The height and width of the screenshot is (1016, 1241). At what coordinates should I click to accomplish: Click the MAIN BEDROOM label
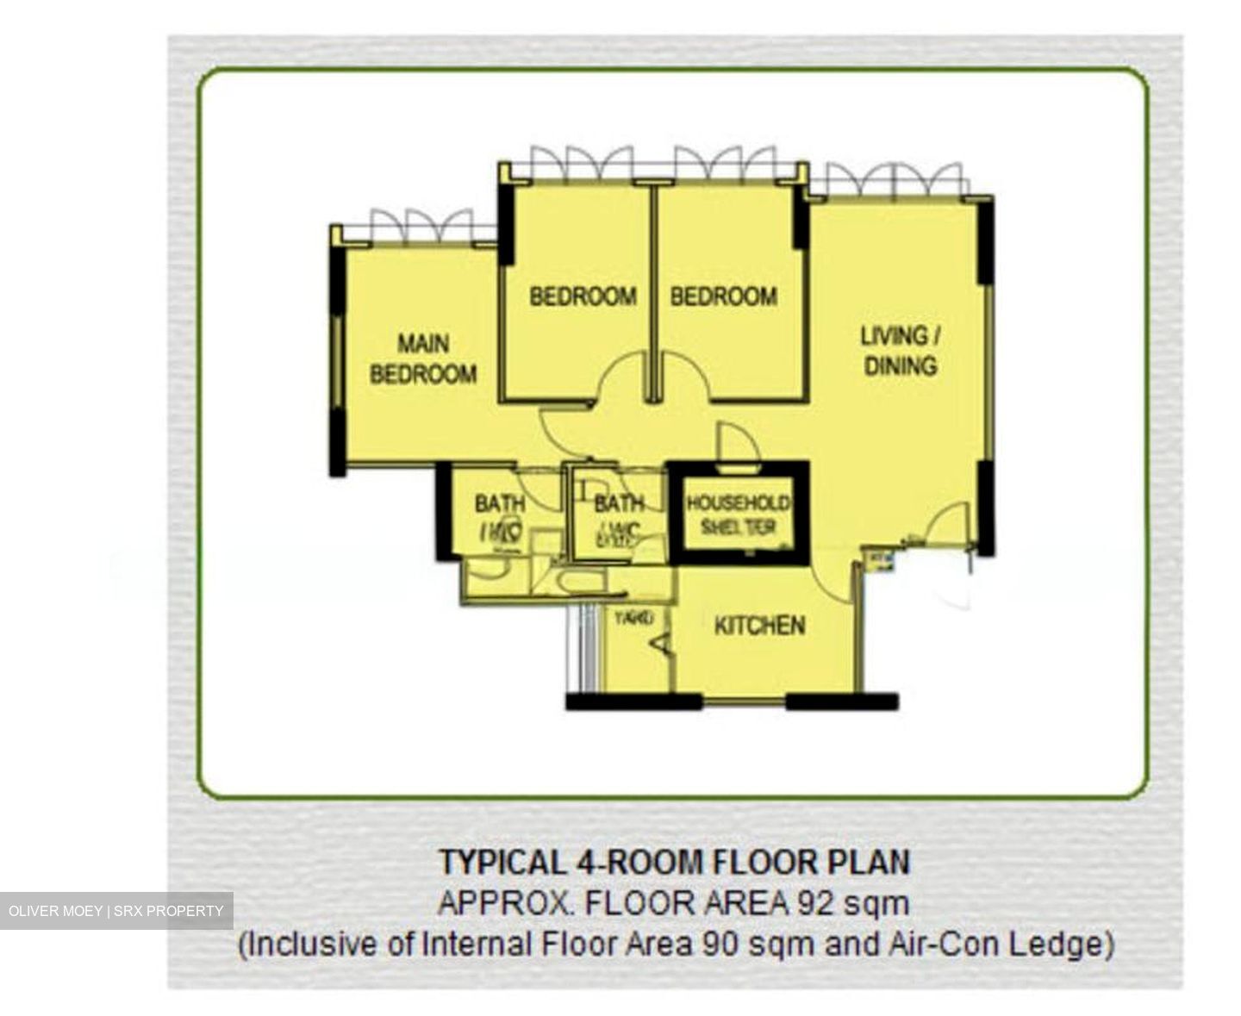click(422, 358)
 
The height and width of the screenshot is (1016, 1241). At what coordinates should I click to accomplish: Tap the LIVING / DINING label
click(900, 351)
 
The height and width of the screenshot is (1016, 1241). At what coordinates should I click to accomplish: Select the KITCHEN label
click(759, 625)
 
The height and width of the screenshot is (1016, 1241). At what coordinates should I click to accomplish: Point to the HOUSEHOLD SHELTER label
click(738, 514)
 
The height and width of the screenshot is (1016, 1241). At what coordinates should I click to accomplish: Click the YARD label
click(633, 618)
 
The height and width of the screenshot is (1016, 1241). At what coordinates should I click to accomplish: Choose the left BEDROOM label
click(583, 296)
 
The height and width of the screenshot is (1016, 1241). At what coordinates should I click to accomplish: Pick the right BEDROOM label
click(723, 296)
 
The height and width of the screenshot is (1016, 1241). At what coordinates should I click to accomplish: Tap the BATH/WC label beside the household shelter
click(619, 516)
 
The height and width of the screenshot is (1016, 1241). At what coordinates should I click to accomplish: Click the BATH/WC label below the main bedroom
click(499, 516)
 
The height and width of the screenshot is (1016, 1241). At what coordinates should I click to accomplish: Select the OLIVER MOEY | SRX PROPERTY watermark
click(116, 911)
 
